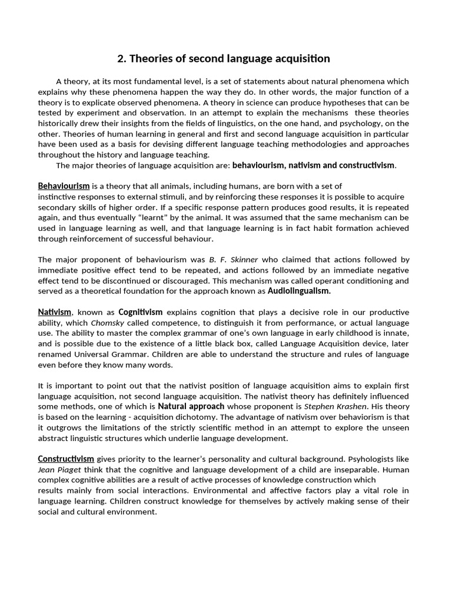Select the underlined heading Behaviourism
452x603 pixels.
click(x=64, y=186)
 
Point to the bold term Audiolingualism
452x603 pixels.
click(x=299, y=291)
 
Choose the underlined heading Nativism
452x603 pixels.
click(x=55, y=312)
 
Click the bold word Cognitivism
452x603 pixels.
click(x=140, y=312)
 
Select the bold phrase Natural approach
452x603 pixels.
click(x=191, y=407)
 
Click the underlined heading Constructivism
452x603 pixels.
click(x=66, y=459)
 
